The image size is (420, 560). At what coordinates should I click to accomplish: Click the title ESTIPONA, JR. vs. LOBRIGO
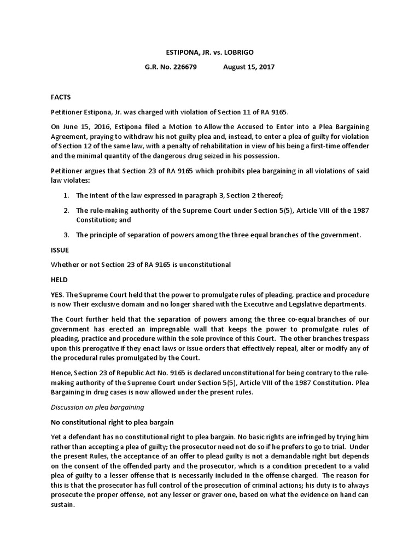209,52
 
